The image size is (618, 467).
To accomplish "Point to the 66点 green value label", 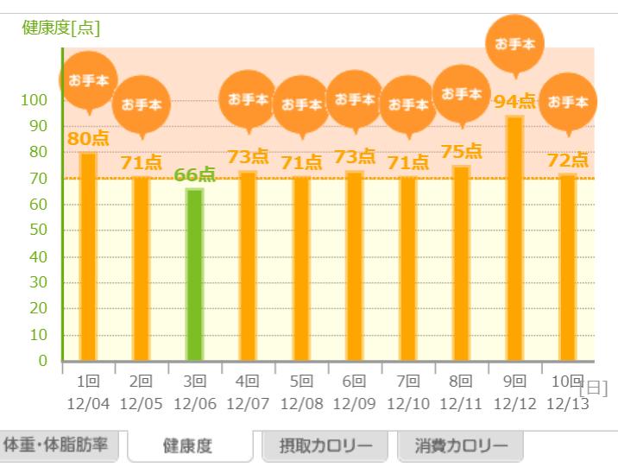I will [194, 175].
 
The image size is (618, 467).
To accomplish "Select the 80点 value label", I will [88, 138].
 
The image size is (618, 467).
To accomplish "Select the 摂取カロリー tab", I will [325, 446].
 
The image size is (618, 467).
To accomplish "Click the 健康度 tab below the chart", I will [188, 447].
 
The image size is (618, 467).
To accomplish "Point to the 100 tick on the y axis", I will [36, 100].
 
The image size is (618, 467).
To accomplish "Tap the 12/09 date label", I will [355, 404].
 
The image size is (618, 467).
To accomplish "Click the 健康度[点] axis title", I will [60, 28].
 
